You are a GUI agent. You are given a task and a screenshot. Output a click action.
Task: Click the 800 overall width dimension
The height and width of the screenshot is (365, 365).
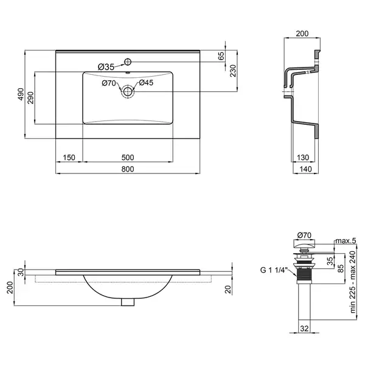click(128, 169)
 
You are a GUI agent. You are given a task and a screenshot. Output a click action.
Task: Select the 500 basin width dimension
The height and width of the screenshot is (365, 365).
click(128, 158)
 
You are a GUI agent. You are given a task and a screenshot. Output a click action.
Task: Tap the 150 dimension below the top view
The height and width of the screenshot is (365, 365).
click(69, 158)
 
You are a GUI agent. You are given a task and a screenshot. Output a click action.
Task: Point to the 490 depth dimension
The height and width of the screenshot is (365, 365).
click(21, 94)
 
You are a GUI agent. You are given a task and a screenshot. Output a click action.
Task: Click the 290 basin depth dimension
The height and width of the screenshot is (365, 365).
click(30, 98)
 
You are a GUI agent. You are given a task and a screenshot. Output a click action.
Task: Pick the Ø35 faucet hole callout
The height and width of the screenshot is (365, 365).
click(106, 68)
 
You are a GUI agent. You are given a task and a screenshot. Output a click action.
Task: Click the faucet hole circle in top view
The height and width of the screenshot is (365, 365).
click(128, 61)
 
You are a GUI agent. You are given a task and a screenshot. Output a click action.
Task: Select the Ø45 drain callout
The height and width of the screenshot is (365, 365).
click(146, 83)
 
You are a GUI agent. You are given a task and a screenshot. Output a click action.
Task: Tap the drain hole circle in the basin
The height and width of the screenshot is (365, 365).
click(128, 92)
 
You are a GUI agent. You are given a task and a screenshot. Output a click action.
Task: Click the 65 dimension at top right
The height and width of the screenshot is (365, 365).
click(221, 56)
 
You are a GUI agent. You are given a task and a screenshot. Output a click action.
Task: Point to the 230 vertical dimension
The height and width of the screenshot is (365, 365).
click(233, 71)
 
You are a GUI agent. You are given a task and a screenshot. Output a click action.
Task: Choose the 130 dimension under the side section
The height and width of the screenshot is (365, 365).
click(302, 158)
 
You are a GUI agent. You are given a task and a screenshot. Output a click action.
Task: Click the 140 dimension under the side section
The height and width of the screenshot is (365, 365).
click(305, 169)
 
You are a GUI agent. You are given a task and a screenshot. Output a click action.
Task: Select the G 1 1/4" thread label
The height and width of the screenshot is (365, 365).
click(274, 270)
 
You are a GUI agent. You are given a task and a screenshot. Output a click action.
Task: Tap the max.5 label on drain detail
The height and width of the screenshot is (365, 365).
click(346, 241)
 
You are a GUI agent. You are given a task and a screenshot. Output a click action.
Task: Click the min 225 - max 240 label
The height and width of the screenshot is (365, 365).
click(353, 282)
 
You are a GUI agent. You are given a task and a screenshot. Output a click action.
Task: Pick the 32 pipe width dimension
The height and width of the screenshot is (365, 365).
click(304, 328)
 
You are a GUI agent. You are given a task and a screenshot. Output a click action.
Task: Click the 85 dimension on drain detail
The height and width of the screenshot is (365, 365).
click(340, 269)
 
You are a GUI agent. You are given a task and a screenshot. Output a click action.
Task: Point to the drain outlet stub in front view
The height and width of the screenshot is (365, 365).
click(128, 302)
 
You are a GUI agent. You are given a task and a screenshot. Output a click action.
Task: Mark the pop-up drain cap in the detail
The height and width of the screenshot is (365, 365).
click(304, 244)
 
